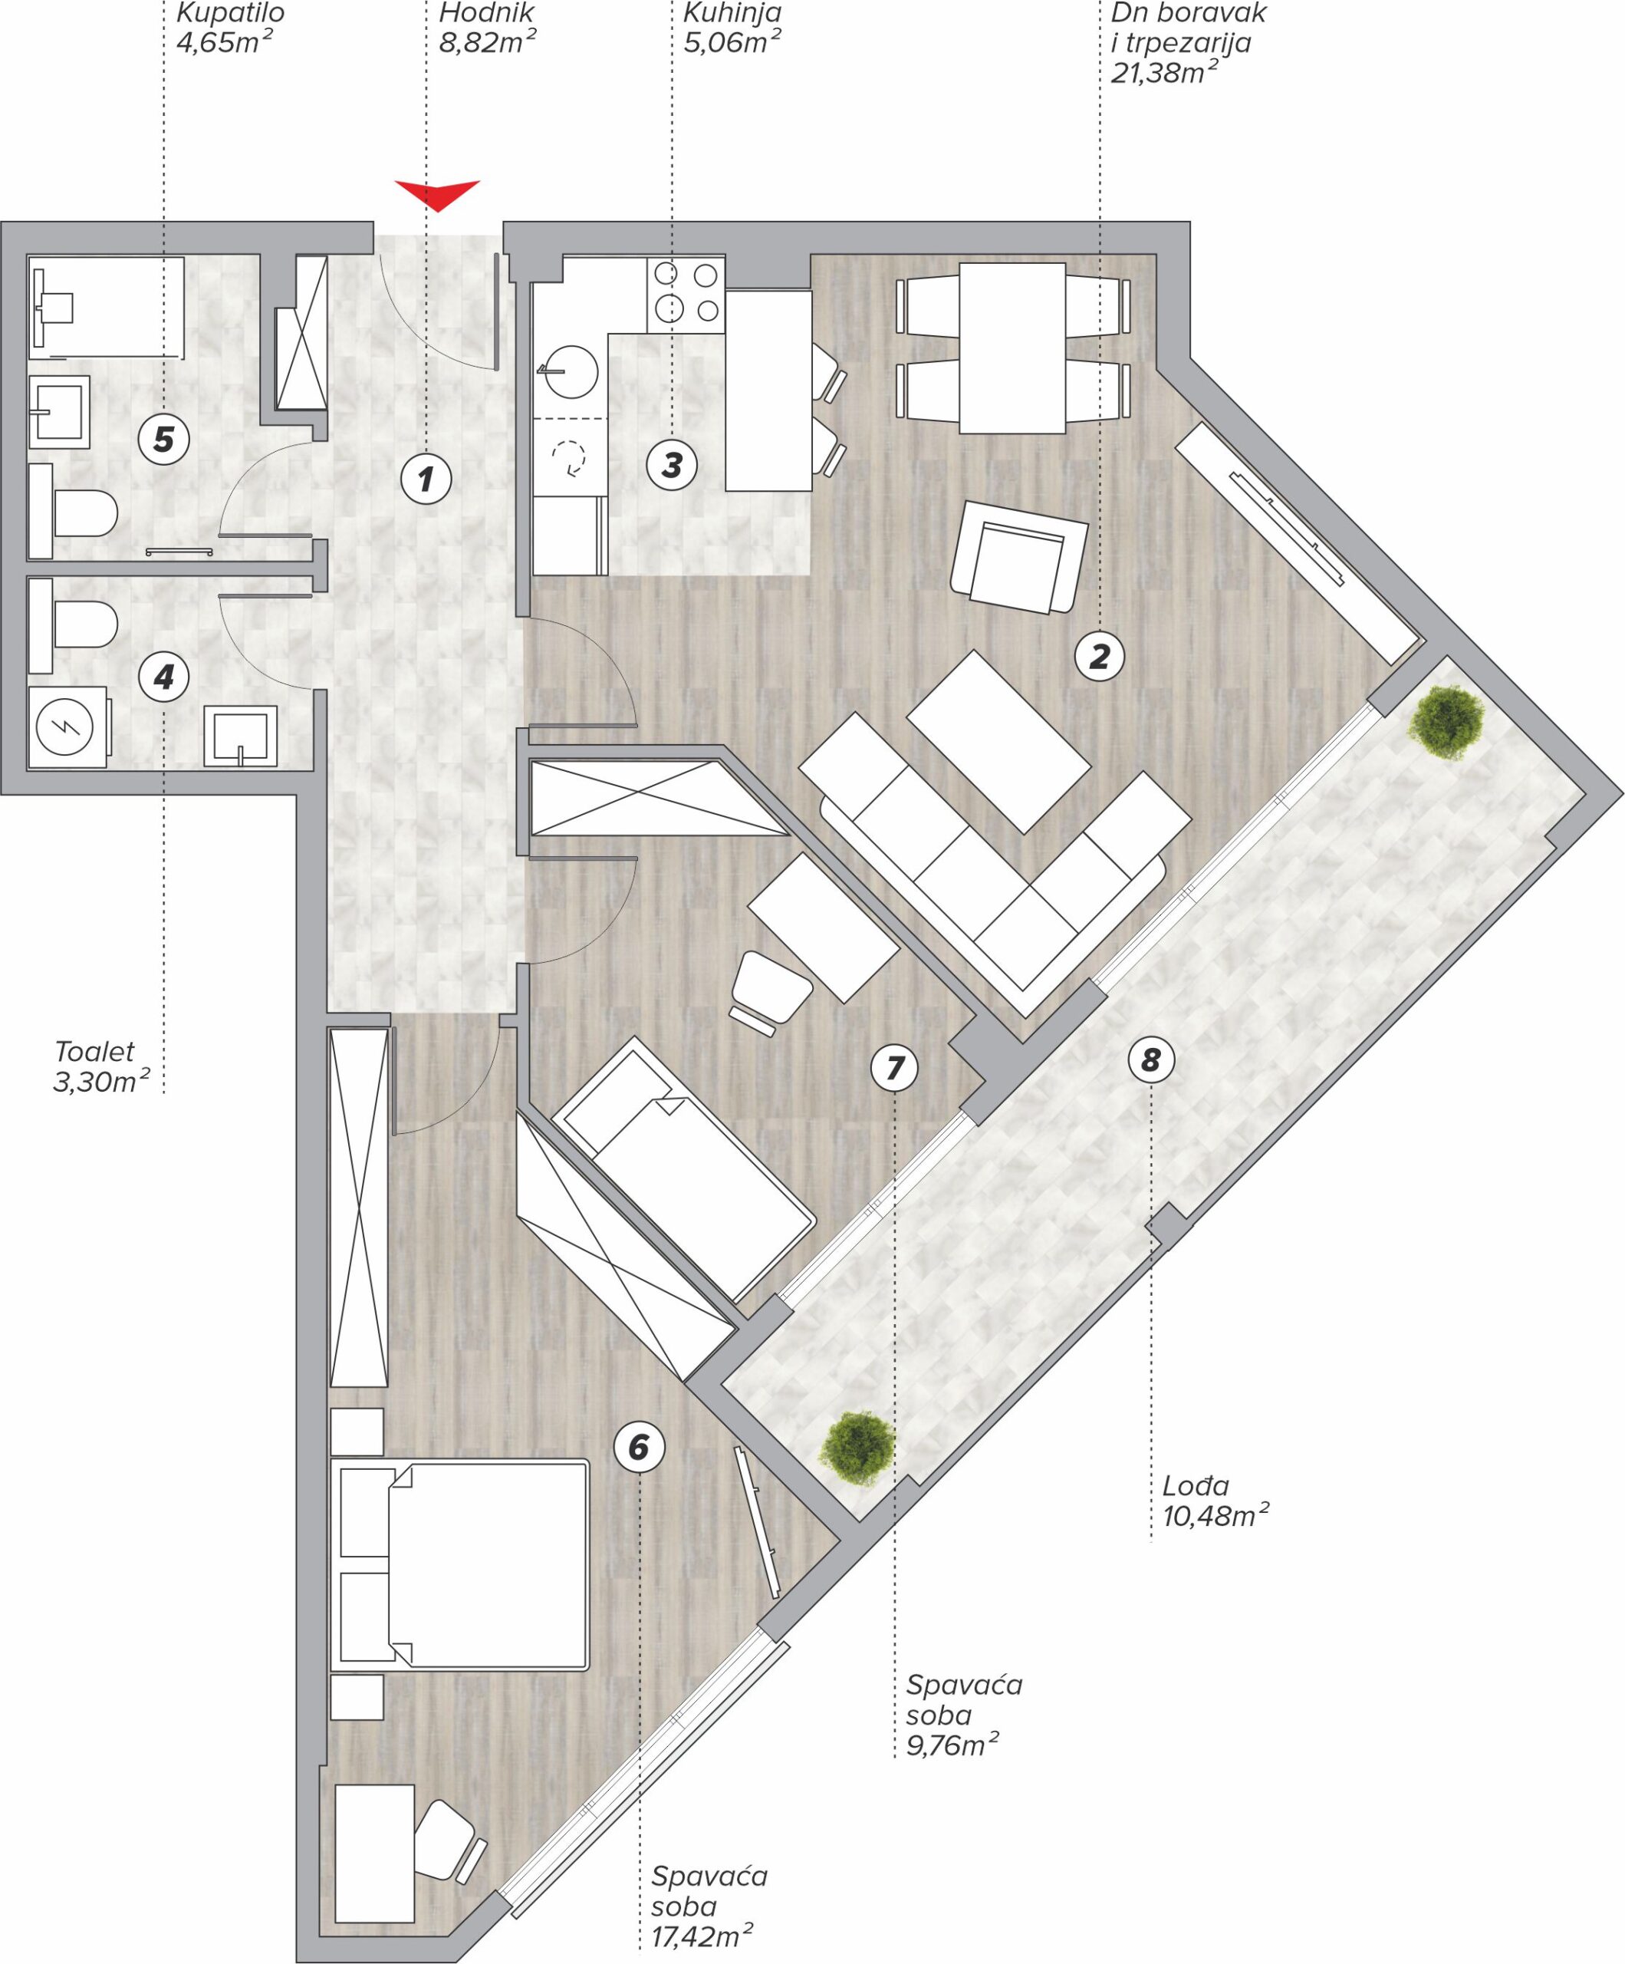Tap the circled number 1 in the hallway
coord(426,479)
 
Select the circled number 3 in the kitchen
coord(673,465)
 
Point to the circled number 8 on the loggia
coord(1151,1059)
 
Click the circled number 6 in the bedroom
coord(639,1448)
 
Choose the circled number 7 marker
coord(895,1067)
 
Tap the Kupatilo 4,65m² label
coord(229,28)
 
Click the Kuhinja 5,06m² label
coord(733,28)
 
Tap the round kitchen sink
coord(571,373)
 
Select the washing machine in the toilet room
coord(70,727)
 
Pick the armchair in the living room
coord(1019,556)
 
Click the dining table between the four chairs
coord(1012,348)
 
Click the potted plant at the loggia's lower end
coord(857,1448)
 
